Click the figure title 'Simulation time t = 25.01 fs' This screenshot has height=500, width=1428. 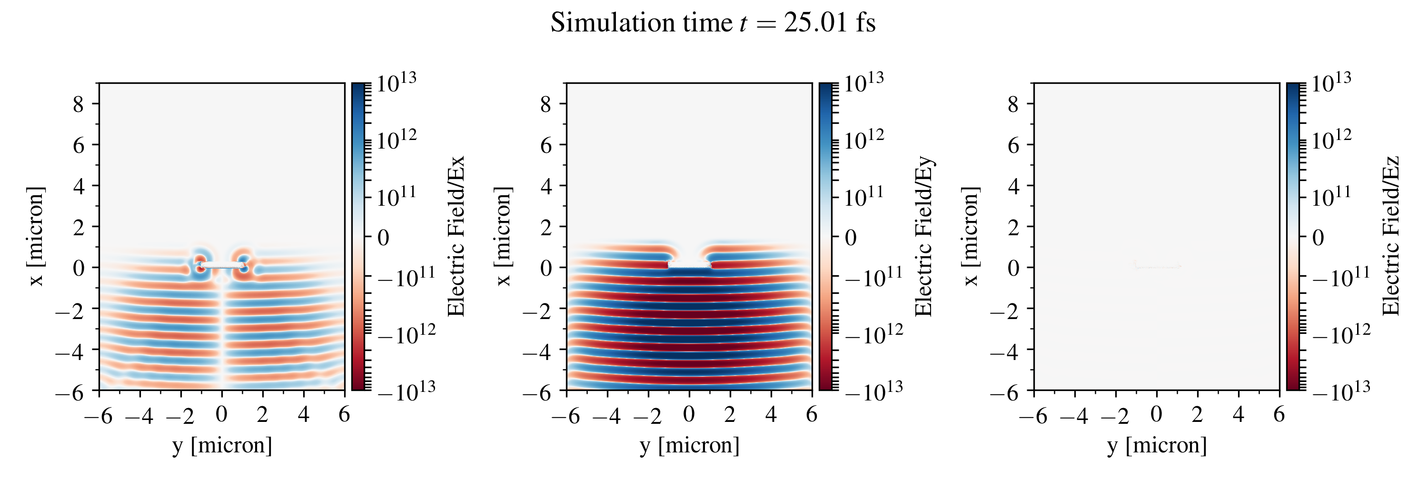click(713, 23)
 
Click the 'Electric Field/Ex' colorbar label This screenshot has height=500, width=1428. click(456, 237)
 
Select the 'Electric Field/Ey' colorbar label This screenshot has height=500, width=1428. click(923, 237)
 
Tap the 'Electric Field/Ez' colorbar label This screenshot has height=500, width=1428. click(1391, 237)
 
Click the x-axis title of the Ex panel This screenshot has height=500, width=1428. click(222, 445)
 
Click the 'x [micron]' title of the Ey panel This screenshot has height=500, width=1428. click(503, 237)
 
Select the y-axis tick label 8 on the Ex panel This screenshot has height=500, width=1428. click(78, 104)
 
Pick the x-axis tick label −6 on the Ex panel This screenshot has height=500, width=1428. click(99, 415)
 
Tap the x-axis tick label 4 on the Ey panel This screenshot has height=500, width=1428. click(771, 414)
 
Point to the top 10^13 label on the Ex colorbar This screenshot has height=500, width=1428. click(397, 83)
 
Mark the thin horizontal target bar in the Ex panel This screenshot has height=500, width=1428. click(222, 267)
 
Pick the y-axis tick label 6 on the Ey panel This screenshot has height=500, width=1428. click(546, 145)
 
